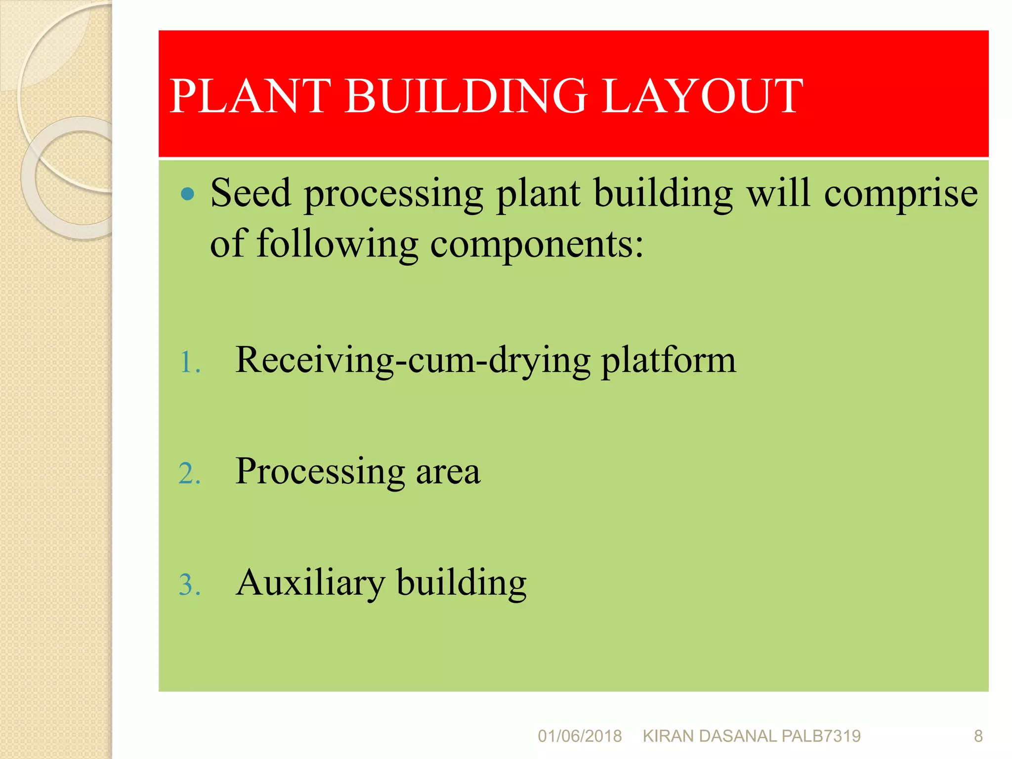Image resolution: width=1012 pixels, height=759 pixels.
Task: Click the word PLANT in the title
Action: click(x=250, y=96)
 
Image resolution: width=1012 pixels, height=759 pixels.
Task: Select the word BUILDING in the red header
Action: click(x=465, y=96)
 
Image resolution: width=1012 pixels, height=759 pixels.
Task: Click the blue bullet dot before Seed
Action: click(x=188, y=194)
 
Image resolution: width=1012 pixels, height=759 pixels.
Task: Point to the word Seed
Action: click(x=251, y=194)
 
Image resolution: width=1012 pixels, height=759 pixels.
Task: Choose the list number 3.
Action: click(x=189, y=586)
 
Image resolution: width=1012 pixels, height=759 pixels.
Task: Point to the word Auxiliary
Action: click(x=310, y=584)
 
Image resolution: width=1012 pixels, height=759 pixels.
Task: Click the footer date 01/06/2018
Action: click(x=580, y=736)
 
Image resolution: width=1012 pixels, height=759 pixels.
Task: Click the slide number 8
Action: click(x=978, y=736)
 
